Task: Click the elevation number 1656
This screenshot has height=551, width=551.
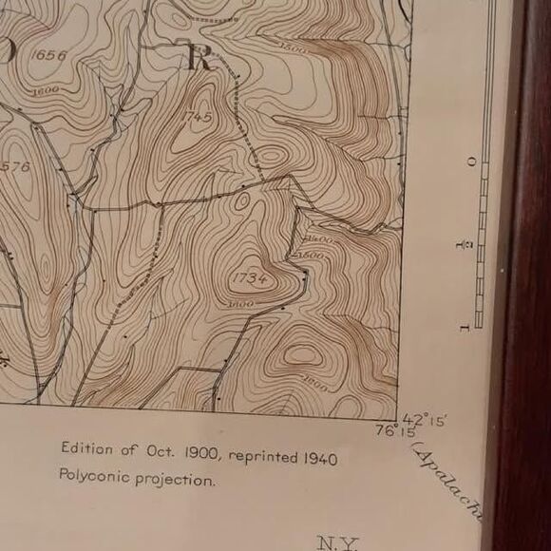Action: point(48,55)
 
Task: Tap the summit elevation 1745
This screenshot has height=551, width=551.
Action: point(199,116)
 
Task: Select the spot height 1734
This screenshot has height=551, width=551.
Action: point(248,277)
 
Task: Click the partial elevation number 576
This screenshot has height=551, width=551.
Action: point(15,167)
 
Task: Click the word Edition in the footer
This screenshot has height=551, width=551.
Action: point(86,448)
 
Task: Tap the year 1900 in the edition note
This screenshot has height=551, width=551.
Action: point(200,454)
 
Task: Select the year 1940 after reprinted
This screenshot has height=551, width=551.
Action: point(320,459)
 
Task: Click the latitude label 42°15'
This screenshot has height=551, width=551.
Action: point(425,419)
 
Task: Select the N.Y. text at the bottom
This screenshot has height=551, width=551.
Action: point(338,543)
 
